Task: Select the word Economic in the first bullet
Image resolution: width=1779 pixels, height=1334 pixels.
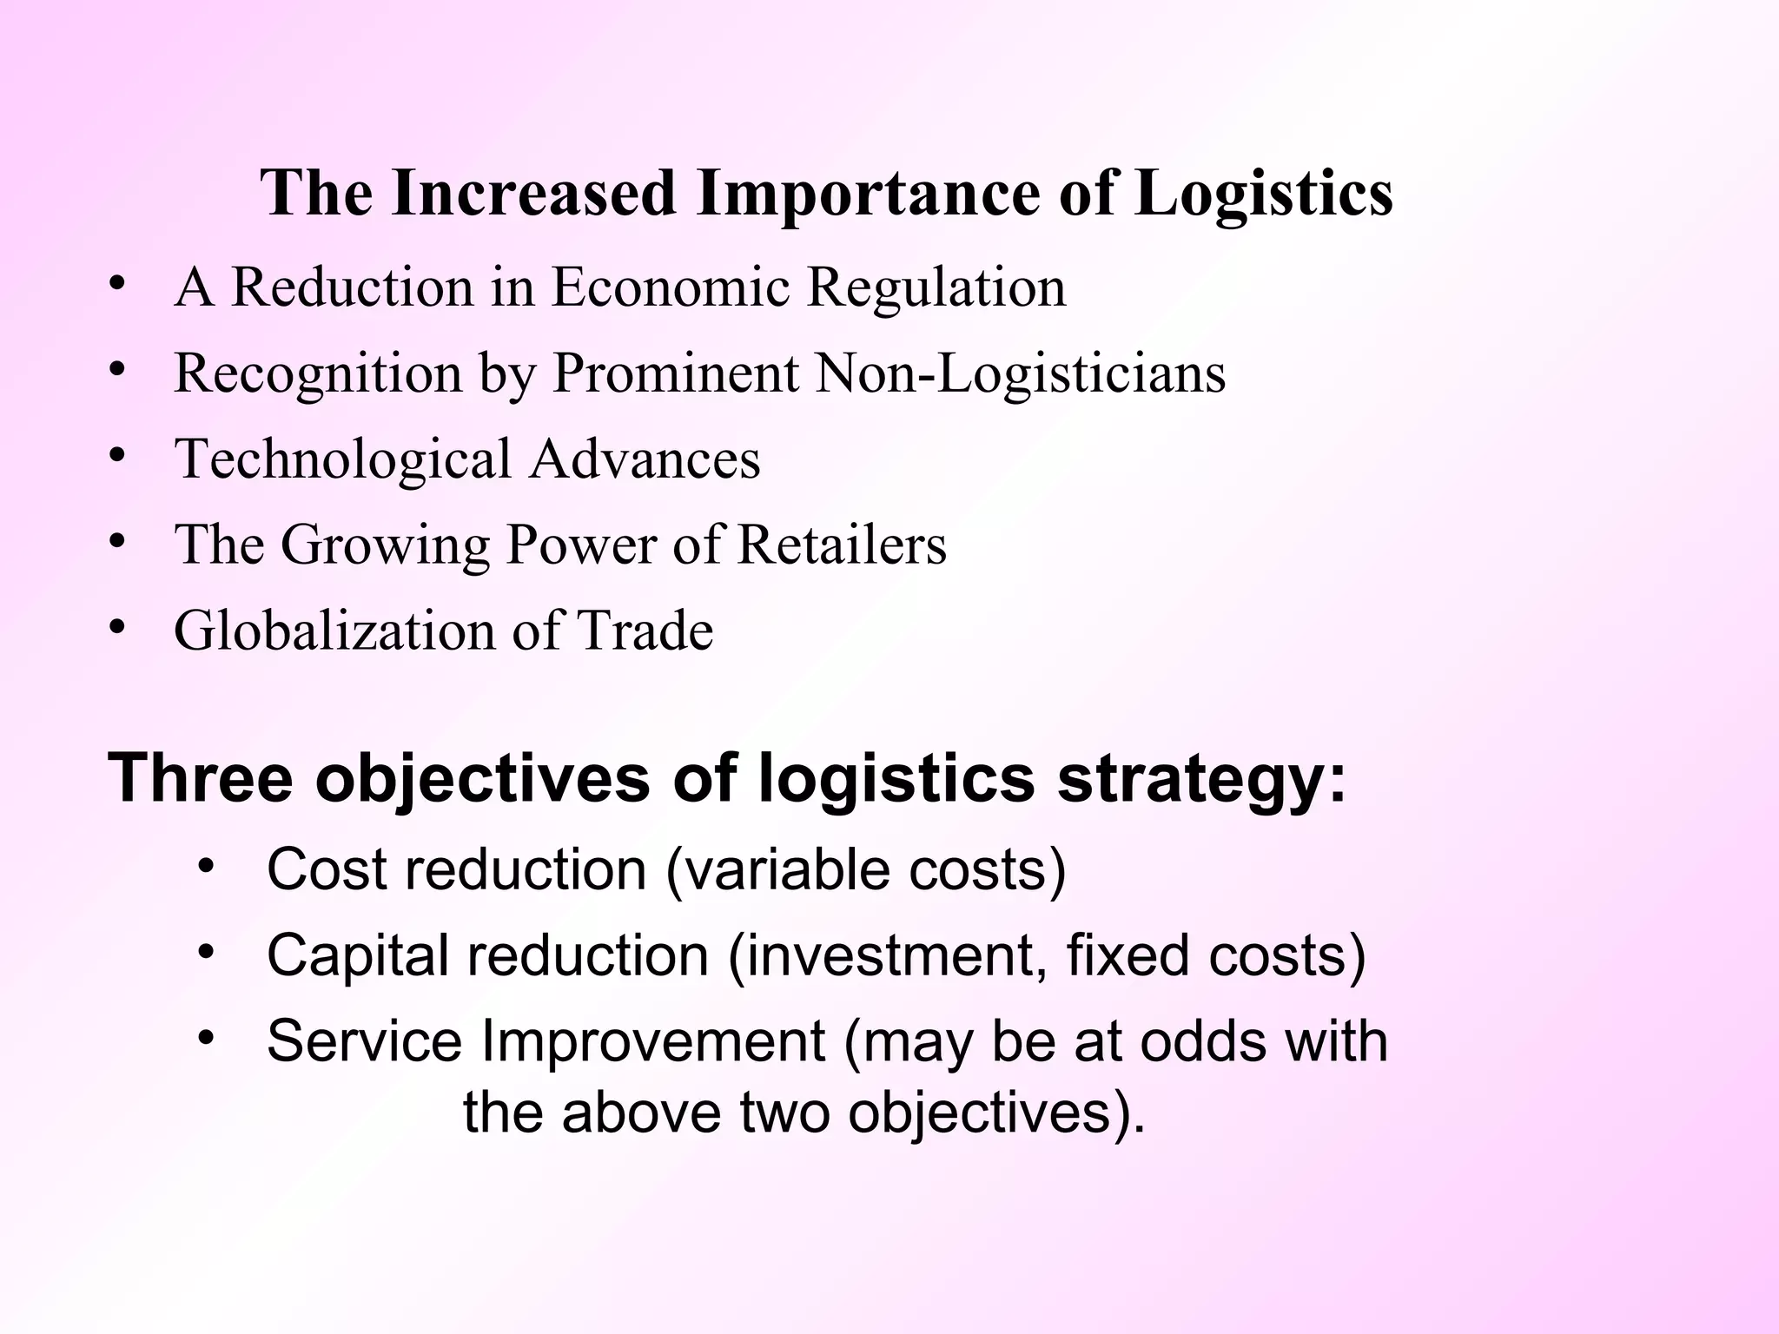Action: [x=671, y=287]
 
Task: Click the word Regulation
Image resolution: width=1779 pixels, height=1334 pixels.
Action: [x=936, y=288]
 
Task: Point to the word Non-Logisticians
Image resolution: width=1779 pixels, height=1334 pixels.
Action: [x=1021, y=373]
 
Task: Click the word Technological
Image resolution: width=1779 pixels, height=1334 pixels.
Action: [x=343, y=460]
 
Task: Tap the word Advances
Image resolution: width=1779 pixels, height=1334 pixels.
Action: [x=645, y=459]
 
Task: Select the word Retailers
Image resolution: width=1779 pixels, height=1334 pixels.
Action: [x=842, y=545]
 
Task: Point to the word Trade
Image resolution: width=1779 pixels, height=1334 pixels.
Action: [x=645, y=630]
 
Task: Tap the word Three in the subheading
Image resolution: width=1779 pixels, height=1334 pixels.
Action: [x=201, y=776]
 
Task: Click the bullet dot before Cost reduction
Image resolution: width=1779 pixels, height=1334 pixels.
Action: [x=205, y=867]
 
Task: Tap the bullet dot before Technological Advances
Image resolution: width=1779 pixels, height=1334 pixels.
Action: [x=117, y=456]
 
